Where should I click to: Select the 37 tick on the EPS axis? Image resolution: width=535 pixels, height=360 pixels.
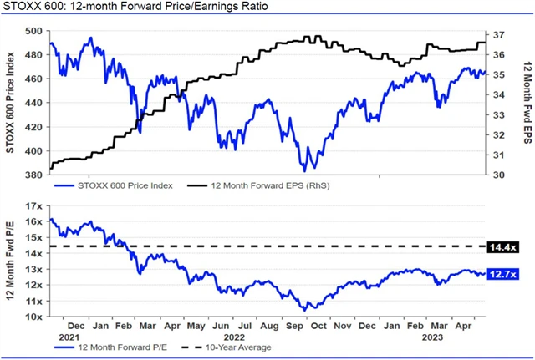(x=500, y=35)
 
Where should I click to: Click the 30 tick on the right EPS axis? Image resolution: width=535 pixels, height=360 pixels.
(x=500, y=175)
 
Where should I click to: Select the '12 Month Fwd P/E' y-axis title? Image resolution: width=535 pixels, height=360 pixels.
(x=11, y=261)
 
